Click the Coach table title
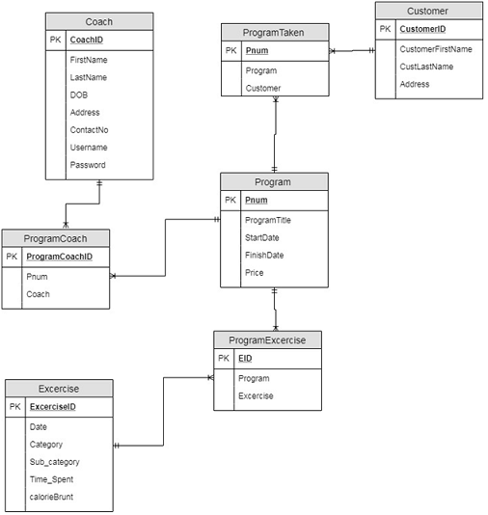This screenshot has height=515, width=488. (98, 21)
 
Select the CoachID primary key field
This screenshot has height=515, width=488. (87, 41)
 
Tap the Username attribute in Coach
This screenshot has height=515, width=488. (89, 148)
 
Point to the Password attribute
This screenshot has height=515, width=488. (88, 165)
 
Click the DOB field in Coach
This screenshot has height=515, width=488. (79, 95)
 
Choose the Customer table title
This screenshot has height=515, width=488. (428, 11)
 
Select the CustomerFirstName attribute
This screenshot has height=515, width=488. (436, 49)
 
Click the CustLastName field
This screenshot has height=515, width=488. (426, 67)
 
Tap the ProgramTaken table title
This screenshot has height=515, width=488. (274, 32)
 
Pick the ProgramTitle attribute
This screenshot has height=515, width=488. (268, 220)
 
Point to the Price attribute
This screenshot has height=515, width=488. (255, 273)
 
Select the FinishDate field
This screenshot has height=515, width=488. (263, 256)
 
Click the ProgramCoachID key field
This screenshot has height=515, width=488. (60, 257)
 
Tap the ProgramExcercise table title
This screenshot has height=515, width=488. (267, 339)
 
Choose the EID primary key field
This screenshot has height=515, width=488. (245, 359)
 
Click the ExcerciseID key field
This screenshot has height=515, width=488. (52, 407)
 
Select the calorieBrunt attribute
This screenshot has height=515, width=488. (52, 497)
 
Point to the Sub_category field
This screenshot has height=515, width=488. (54, 462)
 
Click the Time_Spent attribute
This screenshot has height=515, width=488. (52, 479)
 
